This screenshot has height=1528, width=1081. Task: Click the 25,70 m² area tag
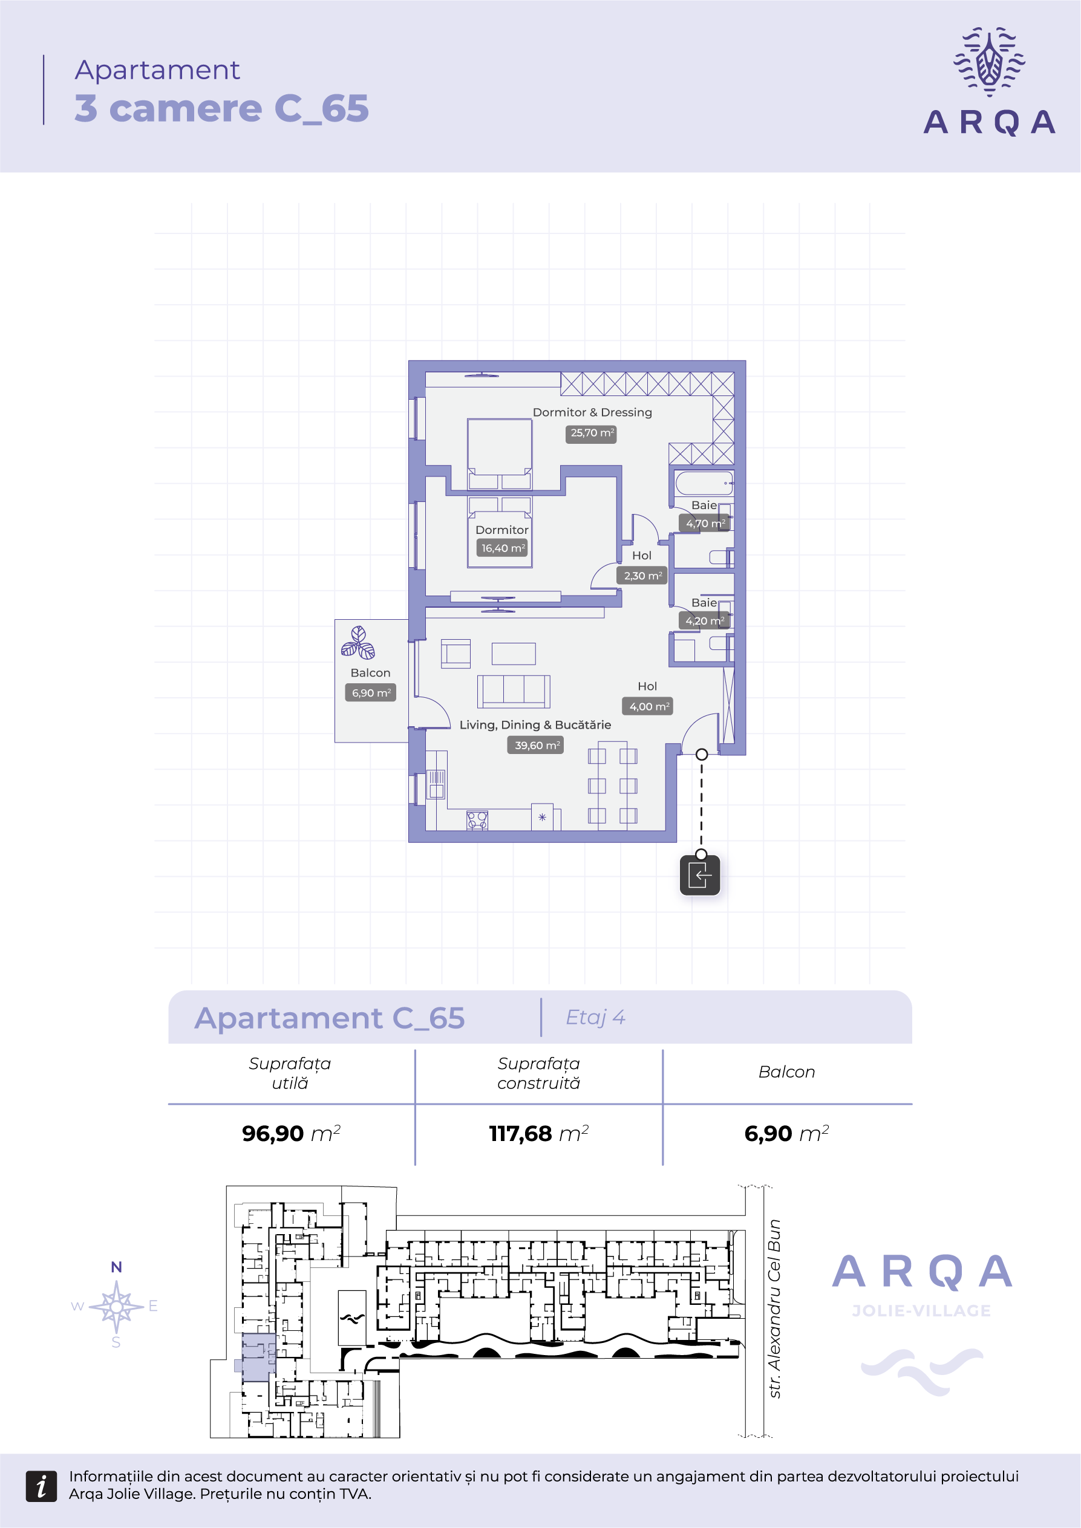point(592,433)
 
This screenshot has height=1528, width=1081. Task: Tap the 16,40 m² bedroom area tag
point(503,548)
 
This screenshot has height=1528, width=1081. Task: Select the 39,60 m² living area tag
point(536,746)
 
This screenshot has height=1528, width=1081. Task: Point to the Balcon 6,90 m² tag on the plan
point(371,693)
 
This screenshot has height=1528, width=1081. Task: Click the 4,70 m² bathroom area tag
point(705,524)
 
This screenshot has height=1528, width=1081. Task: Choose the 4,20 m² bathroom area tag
point(704,621)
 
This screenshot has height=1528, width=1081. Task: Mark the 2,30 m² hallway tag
point(642,576)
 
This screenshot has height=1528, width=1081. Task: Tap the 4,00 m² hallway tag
point(648,706)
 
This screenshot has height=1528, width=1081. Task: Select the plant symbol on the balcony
point(358,643)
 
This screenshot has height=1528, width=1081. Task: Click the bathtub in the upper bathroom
point(704,483)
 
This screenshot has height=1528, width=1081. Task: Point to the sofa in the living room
point(514,692)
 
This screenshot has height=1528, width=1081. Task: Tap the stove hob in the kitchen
point(477,820)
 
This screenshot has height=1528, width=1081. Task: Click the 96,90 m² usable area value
point(292,1133)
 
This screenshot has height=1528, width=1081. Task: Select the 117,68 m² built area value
point(539,1133)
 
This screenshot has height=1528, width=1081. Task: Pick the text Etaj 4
point(595,1018)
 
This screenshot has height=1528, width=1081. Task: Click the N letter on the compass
point(117,1267)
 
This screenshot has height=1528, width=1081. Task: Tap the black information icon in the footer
point(41,1486)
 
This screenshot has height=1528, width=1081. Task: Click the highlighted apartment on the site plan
point(258,1357)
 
